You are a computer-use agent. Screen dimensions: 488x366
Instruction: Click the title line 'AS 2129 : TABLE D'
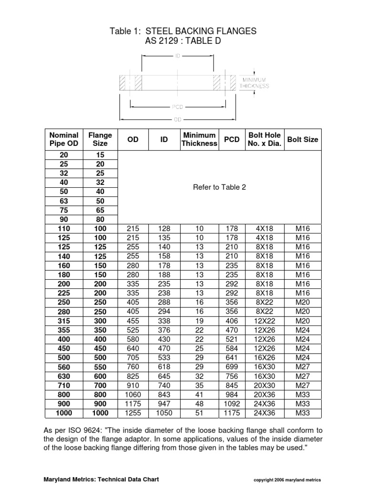(183, 42)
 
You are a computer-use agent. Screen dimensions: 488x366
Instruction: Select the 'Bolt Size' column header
(303, 140)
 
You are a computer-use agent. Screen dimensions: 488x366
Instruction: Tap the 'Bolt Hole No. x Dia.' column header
(264, 140)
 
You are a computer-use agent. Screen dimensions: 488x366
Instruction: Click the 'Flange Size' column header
(100, 140)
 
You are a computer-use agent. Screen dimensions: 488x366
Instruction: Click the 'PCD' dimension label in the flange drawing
(178, 107)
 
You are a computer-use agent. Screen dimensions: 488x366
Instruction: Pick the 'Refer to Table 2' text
(219, 187)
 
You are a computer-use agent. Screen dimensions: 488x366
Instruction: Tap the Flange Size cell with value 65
(100, 210)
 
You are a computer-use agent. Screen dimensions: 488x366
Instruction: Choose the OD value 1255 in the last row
(132, 413)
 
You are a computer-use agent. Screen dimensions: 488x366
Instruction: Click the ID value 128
(164, 229)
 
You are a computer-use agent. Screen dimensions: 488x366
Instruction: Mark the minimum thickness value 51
(199, 413)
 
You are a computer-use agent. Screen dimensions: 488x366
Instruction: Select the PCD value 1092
(232, 404)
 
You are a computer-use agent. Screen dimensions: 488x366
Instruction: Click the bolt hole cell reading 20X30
(264, 386)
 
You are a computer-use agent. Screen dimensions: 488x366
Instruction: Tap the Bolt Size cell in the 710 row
(303, 386)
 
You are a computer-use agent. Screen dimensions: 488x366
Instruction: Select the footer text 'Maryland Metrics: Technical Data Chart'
(101, 479)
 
